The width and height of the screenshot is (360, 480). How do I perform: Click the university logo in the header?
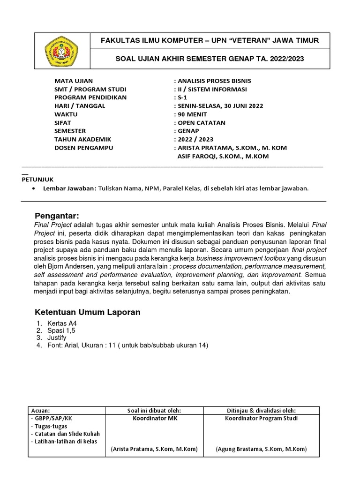click(x=61, y=51)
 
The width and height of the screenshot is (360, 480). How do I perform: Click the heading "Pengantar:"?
click(x=58, y=216)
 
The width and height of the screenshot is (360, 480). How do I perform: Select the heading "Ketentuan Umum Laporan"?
click(x=88, y=312)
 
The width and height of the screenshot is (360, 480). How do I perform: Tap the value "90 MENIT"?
click(x=191, y=114)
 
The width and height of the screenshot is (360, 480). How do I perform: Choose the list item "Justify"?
click(x=57, y=337)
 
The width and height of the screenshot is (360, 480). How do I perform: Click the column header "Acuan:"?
click(x=39, y=410)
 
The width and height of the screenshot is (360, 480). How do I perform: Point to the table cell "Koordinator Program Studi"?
click(x=261, y=418)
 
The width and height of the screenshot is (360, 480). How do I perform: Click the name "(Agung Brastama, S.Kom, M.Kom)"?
click(x=261, y=449)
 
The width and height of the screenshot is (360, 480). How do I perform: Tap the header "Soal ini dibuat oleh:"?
click(x=154, y=410)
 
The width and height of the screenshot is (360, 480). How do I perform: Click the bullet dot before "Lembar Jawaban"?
click(x=33, y=188)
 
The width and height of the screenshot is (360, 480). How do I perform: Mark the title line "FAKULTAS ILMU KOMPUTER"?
click(x=210, y=41)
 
